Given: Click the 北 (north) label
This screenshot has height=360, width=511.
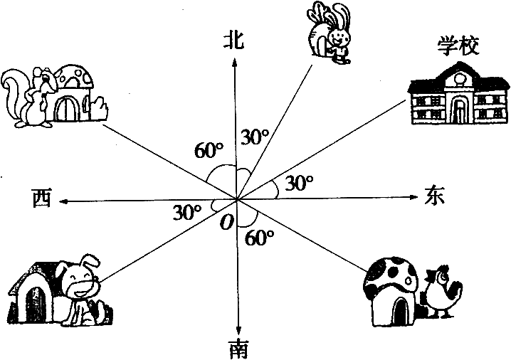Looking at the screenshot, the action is [233, 41].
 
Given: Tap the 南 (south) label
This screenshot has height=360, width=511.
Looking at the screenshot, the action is [238, 349].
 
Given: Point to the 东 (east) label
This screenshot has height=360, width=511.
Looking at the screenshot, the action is [434, 196].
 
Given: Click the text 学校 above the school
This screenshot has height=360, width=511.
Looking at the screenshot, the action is [458, 46].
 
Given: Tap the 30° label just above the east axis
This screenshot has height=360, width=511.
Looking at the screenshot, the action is [299, 182].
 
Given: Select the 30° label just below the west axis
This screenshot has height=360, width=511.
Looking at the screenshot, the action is [187, 213].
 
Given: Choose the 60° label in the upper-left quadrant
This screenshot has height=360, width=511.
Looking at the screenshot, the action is [209, 150].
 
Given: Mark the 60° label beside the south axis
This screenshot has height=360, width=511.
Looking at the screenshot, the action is [259, 238].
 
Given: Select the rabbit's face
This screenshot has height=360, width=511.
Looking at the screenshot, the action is [336, 37].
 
